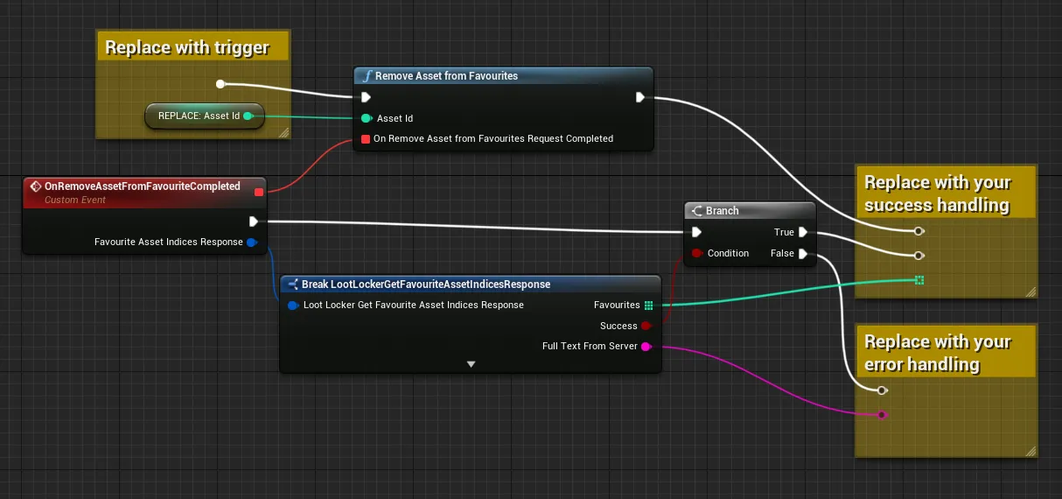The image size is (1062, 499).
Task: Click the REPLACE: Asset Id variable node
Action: (x=205, y=116)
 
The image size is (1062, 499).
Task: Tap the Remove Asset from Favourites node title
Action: (x=446, y=76)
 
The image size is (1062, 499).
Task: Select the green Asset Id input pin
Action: (x=367, y=118)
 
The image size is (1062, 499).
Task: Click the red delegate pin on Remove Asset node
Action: (x=365, y=139)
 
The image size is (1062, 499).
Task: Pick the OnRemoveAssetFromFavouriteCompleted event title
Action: (x=143, y=186)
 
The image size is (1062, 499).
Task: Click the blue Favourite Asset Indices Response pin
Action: (x=252, y=242)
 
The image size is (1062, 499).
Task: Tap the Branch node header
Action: (x=750, y=211)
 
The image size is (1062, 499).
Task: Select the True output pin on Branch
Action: (x=803, y=232)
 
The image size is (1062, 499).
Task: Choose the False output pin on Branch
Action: (x=803, y=254)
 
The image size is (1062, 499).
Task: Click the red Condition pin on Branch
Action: (x=696, y=253)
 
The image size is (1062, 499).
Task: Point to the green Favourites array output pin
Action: (x=648, y=306)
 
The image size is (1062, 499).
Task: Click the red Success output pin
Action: (x=646, y=326)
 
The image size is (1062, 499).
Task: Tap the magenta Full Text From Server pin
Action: (x=646, y=347)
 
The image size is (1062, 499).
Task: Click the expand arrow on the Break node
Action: (x=471, y=364)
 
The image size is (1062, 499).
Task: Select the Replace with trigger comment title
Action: (x=187, y=48)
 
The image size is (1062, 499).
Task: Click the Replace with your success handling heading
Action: (x=937, y=193)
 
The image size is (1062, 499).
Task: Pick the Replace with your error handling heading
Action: (x=937, y=353)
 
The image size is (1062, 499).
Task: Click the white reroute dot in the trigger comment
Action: (x=220, y=84)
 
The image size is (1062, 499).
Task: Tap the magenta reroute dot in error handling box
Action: (x=882, y=415)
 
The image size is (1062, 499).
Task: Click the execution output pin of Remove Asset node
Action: (x=639, y=97)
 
